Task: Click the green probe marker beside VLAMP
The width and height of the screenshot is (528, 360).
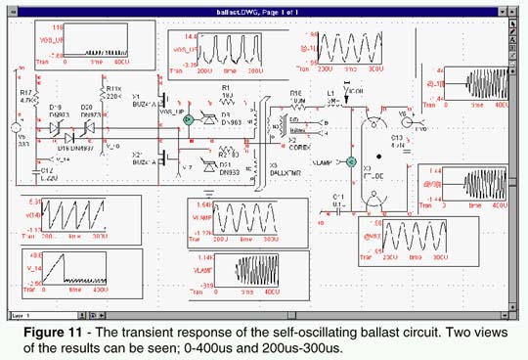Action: coord(351,161)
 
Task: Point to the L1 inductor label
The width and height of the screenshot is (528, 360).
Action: coord(332,93)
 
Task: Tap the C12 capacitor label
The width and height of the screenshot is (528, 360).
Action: coord(48,169)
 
